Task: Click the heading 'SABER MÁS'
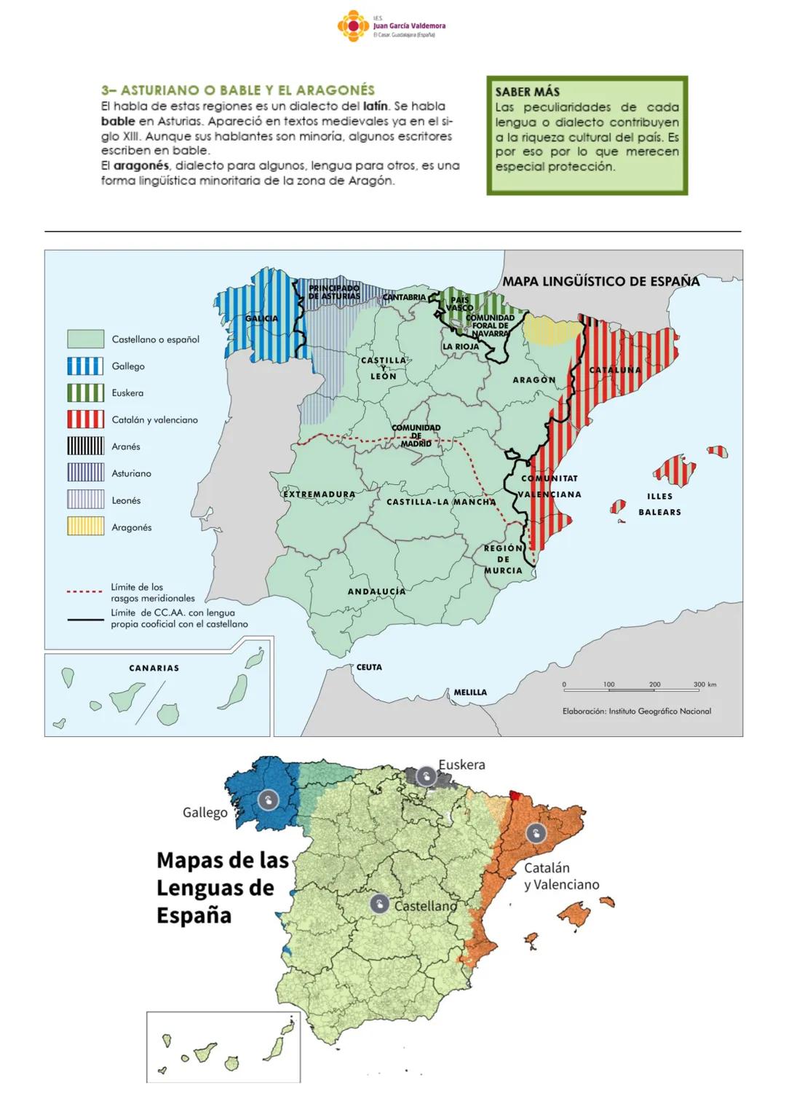(x=527, y=92)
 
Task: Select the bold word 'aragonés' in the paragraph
(x=141, y=166)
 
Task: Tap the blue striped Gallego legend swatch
(x=85, y=366)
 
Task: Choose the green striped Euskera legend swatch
(x=85, y=393)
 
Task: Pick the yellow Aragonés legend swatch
(x=85, y=527)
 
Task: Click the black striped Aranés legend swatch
(x=85, y=446)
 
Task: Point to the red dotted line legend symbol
(x=84, y=592)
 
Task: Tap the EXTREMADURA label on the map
(x=319, y=494)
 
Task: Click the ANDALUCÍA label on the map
(x=376, y=591)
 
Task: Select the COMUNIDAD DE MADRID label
(x=416, y=435)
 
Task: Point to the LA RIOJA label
(x=461, y=347)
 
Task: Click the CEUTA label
(x=369, y=667)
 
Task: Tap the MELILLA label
(x=470, y=693)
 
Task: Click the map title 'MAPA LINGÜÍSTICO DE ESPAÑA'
(x=600, y=281)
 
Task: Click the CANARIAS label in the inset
(x=154, y=668)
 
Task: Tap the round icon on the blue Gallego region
(x=268, y=800)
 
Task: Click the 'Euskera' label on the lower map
(x=461, y=765)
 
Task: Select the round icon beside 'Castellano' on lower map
(x=378, y=904)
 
